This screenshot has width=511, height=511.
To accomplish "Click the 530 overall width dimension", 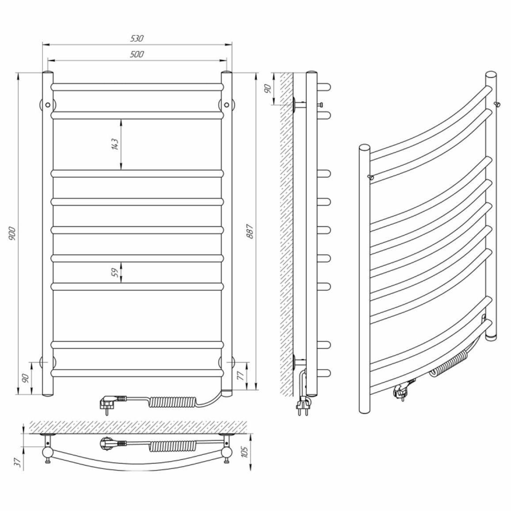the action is click(x=137, y=38).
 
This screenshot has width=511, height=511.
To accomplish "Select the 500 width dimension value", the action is click(x=137, y=54).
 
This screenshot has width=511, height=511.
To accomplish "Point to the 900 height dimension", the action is click(x=12, y=233).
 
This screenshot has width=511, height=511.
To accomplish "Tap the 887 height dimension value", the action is click(x=250, y=231).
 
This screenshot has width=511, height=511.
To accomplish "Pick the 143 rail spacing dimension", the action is click(x=115, y=144).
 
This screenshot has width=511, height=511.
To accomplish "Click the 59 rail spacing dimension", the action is click(x=115, y=272).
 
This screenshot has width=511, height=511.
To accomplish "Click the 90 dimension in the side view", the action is click(x=267, y=89).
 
